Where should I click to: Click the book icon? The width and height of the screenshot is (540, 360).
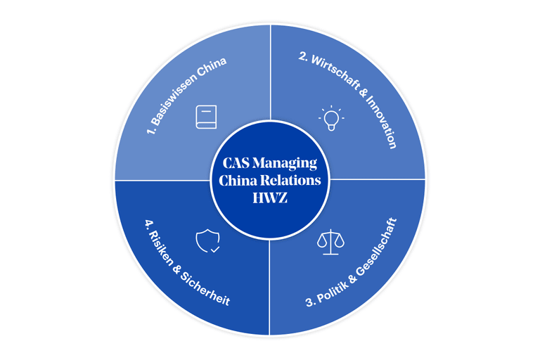tap(205, 117)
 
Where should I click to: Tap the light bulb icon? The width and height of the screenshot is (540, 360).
tap(330, 118)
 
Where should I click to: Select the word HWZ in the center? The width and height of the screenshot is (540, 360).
tap(270, 197)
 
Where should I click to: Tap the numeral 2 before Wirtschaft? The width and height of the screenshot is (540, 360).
tap(303, 58)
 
